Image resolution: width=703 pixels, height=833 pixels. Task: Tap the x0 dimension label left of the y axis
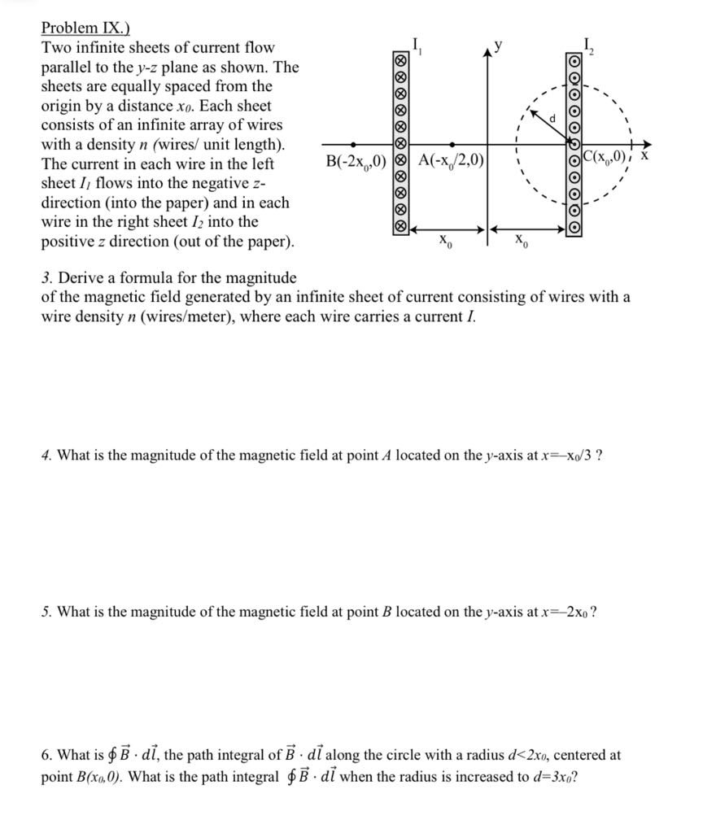click(443, 241)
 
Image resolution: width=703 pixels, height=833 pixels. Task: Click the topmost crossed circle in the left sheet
click(400, 62)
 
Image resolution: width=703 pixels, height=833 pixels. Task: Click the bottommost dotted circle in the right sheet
click(574, 229)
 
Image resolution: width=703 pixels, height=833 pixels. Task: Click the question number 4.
click(46, 455)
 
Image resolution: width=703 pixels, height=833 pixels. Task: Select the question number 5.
click(46, 612)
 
